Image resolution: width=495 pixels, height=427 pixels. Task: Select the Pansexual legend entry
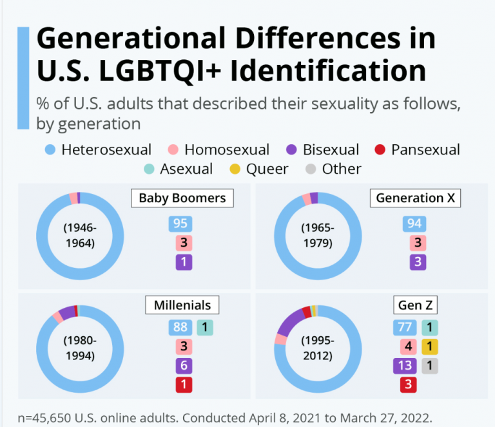tap(417, 150)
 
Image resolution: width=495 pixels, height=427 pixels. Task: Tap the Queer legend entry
tap(260, 169)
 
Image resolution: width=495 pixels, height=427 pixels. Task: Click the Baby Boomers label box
tap(182, 198)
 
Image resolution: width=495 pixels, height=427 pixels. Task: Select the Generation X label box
tap(416, 198)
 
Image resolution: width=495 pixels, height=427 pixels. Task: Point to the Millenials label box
tap(182, 304)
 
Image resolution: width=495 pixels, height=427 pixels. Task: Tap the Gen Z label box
tap(416, 305)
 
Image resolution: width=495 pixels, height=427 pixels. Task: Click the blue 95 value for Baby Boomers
tap(180, 223)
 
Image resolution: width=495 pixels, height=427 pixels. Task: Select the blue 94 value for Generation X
tap(414, 223)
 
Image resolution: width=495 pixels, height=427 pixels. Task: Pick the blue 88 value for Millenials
tap(180, 327)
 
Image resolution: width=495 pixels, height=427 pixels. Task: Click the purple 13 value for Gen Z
tap(405, 366)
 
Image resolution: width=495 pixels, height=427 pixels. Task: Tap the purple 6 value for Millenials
tap(184, 366)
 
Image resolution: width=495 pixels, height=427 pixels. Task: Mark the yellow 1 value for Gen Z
tap(429, 346)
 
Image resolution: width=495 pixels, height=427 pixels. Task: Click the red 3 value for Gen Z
tap(408, 385)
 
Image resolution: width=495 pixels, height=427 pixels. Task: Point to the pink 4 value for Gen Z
tap(408, 346)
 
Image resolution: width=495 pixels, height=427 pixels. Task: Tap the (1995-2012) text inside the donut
tap(318, 348)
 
